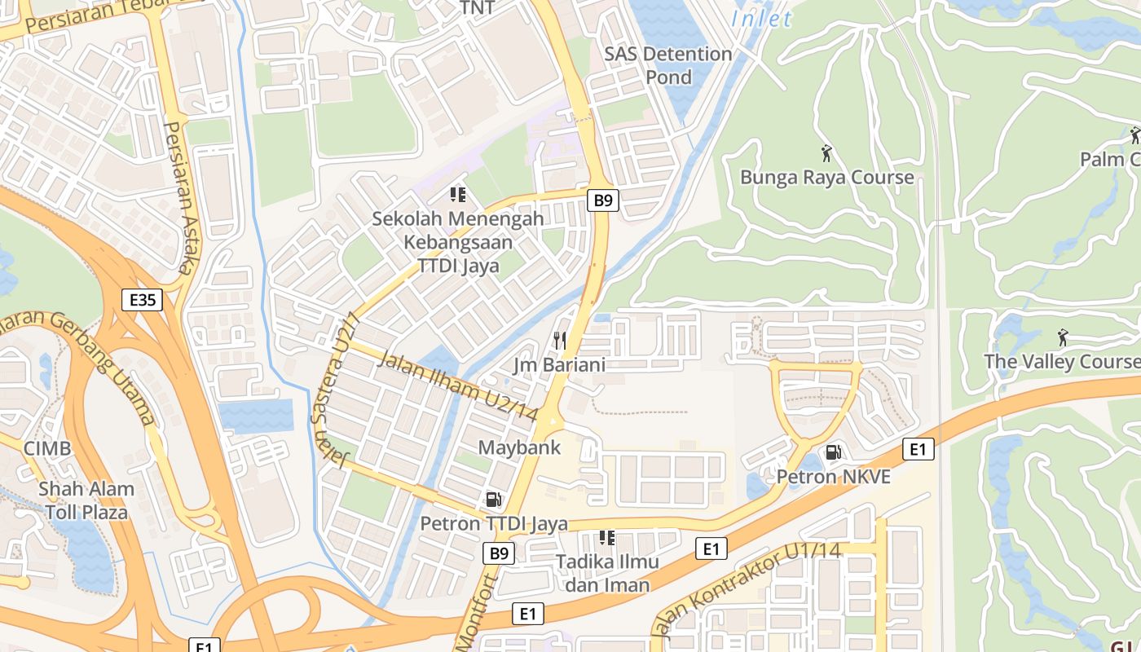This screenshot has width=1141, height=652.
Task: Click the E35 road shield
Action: click(143, 300)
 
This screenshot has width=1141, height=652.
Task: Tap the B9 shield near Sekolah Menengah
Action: click(602, 200)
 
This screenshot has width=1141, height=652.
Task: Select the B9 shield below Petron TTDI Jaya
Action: click(499, 554)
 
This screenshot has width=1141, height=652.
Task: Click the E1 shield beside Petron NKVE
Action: click(919, 449)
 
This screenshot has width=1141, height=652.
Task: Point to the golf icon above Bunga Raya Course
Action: click(826, 153)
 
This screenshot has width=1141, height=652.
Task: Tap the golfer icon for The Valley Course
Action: click(1062, 337)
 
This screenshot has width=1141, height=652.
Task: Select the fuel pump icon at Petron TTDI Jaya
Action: click(493, 500)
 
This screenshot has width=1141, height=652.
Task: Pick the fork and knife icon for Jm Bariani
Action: click(559, 340)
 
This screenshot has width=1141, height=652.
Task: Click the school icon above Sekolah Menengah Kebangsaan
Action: click(458, 195)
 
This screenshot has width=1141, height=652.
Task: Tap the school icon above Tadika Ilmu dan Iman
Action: click(606, 538)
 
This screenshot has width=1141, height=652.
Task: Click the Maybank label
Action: click(519, 447)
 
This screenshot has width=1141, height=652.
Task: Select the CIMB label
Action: click(46, 448)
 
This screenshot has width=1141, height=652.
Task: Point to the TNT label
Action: click(478, 8)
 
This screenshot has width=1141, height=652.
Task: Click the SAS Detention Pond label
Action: click(668, 65)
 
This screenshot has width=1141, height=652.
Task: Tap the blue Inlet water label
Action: click(761, 18)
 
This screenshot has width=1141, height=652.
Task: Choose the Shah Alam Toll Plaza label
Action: click(86, 500)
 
